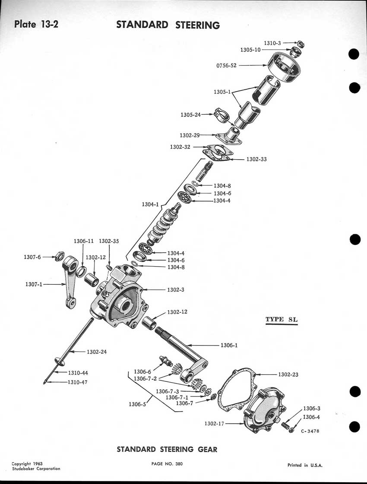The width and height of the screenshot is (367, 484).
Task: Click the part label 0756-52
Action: [x=226, y=66]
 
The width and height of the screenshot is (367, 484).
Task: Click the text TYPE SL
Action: [x=282, y=319]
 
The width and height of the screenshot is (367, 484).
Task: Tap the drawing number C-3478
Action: [x=310, y=431]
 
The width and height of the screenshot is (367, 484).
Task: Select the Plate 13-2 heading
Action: [x=36, y=24]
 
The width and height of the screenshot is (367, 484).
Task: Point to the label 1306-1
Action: [x=229, y=346]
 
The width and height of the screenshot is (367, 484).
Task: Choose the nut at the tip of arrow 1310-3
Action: [x=300, y=44]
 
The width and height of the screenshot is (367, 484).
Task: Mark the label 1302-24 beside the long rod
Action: [x=97, y=352]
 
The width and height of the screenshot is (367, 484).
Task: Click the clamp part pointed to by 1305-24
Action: [x=221, y=115]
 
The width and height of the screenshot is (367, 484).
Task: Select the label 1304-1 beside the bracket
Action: [x=150, y=204]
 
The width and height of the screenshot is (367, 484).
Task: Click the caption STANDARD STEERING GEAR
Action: [x=167, y=449]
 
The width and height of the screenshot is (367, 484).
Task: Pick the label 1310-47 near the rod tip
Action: [x=78, y=382]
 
